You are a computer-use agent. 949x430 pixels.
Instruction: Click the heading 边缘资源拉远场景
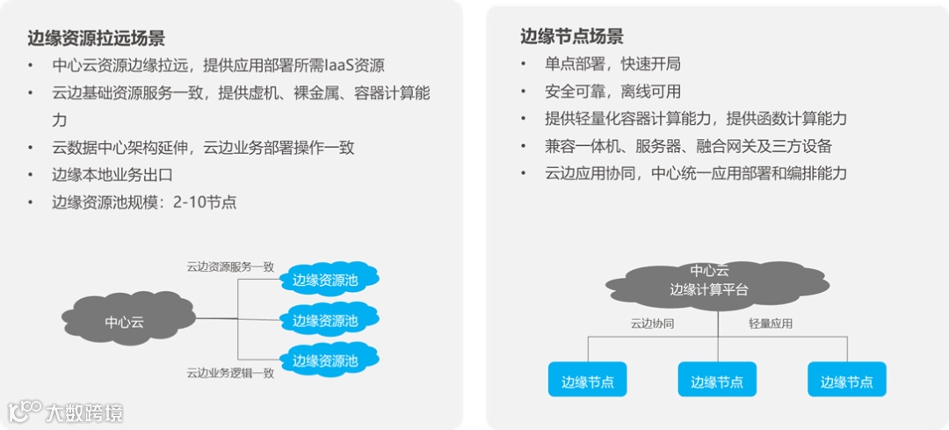[x=96, y=38]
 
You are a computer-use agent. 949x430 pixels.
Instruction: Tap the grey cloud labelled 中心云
[x=124, y=321]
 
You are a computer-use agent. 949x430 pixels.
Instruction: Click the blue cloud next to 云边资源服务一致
[x=325, y=280]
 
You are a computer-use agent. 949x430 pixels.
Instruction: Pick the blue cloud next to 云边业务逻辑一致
[x=325, y=360]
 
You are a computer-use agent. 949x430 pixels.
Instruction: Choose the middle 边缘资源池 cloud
[x=325, y=320]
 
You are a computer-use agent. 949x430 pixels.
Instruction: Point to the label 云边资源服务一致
[x=230, y=266]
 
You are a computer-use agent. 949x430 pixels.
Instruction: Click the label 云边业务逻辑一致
[x=230, y=373]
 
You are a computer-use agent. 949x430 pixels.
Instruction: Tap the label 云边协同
[x=652, y=323]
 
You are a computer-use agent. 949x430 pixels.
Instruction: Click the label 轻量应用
[x=770, y=323]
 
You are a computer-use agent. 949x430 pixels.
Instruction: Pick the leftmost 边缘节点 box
[x=587, y=381]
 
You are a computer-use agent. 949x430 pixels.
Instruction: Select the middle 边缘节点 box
[x=717, y=381]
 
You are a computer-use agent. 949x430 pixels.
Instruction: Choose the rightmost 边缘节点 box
[x=847, y=381]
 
